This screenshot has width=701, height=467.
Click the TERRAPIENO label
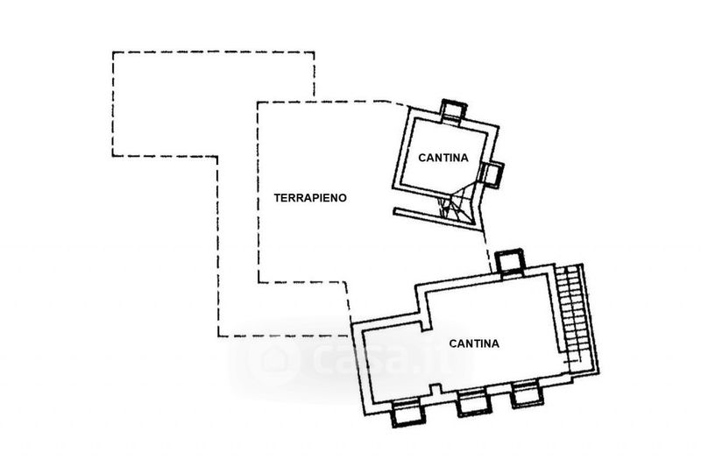tap(311, 198)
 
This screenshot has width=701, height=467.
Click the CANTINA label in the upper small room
tap(443, 159)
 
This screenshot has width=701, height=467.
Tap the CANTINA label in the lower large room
tap(474, 343)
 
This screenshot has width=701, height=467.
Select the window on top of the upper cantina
tap(453, 110)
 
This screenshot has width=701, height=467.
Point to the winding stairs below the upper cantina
tap(457, 207)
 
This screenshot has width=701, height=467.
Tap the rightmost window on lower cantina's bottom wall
tap(526, 395)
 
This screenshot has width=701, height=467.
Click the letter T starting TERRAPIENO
tap(278, 198)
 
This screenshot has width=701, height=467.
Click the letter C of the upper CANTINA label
tap(421, 159)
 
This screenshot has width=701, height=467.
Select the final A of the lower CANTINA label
tap(495, 343)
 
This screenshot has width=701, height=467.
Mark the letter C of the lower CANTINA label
tap(453, 343)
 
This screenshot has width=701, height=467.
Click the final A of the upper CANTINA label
tap(464, 159)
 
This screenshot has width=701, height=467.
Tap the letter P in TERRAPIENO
tap(313, 198)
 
